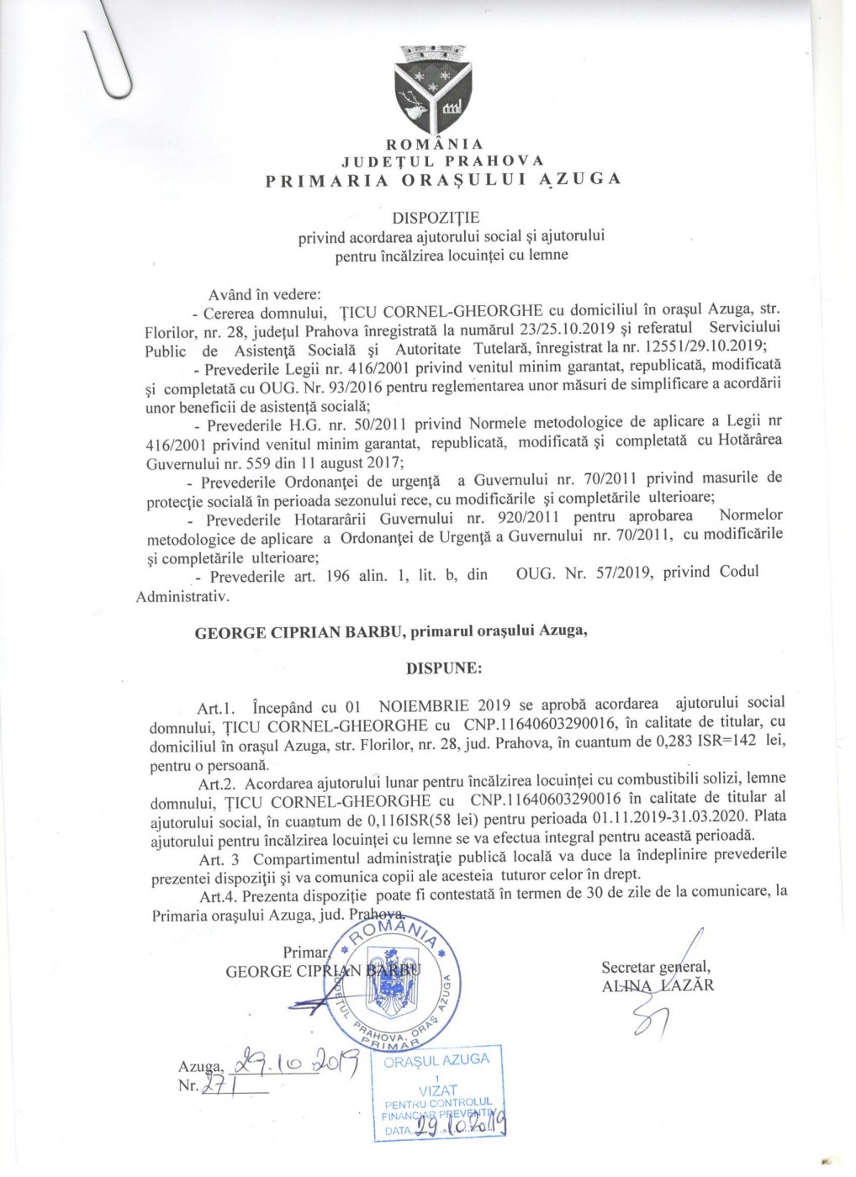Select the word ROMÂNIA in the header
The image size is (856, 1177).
click(x=435, y=144)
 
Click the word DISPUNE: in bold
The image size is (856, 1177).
click(x=444, y=668)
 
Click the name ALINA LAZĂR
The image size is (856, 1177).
click(x=658, y=985)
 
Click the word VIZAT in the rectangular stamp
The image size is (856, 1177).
click(x=437, y=1090)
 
